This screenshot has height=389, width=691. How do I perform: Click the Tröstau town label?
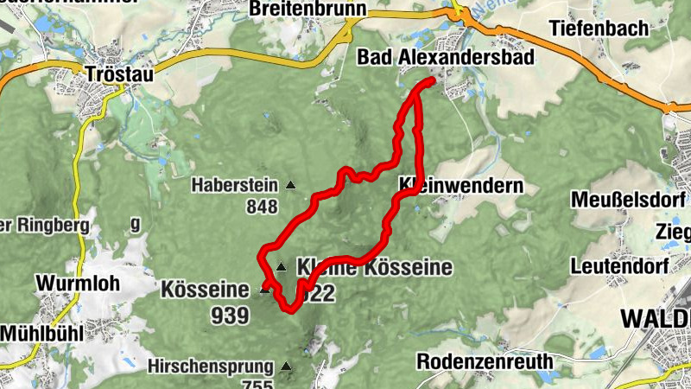coord(120,74)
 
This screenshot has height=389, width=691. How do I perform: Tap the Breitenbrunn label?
coord(295,10)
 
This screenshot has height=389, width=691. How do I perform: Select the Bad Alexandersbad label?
coord(446,57)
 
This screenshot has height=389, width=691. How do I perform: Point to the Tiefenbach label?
coord(599,29)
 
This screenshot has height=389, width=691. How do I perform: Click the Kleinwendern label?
coord(461,186)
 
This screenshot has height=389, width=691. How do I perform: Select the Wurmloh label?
coord(77,283)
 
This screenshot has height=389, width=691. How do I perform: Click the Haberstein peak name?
coord(234,184)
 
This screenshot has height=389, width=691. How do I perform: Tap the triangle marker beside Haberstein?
coord(289,184)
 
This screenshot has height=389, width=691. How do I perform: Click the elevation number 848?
coord(262,207)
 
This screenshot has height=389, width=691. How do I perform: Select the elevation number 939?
coord(230,316)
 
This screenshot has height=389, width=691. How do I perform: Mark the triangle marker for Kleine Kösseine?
coord(281,267)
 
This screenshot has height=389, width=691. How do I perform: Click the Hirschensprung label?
coord(210,366)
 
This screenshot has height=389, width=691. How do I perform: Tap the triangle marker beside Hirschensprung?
coord(285,367)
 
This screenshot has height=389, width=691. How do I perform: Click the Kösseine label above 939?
coord(204,290)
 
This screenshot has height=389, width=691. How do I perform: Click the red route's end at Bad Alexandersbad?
coord(431,80)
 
